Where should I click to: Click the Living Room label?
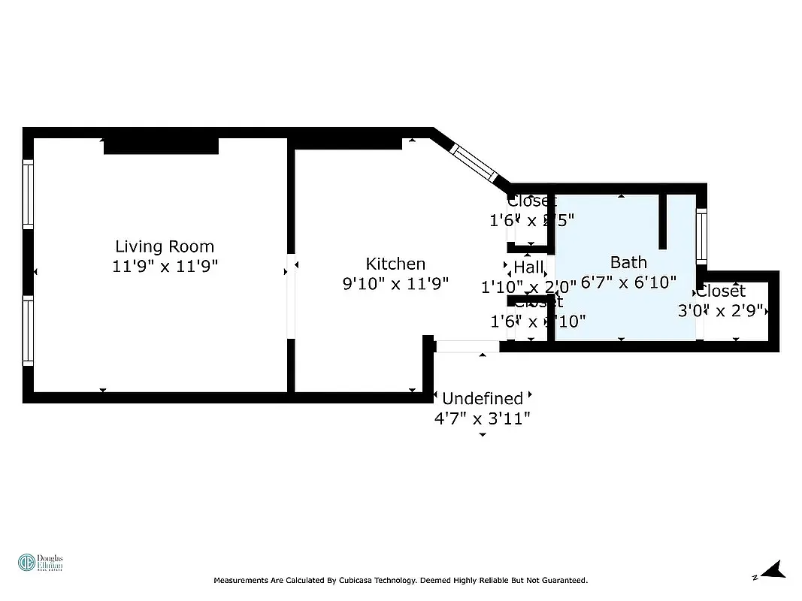coord(164,246)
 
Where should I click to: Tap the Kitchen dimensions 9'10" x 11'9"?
coord(395,283)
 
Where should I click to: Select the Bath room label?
coord(628,262)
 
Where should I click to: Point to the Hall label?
coord(528,267)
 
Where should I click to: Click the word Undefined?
coord(482,398)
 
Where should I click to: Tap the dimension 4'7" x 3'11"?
coord(482,418)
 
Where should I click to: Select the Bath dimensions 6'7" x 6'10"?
coord(628,282)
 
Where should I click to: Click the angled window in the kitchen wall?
coord(474,163)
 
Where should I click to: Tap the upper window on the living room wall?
coord(28,194)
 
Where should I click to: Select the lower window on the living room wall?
coord(28,331)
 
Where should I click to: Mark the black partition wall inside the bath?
coord(663,222)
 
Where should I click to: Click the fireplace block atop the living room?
coord(161,146)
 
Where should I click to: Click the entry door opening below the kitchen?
coord(467,346)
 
